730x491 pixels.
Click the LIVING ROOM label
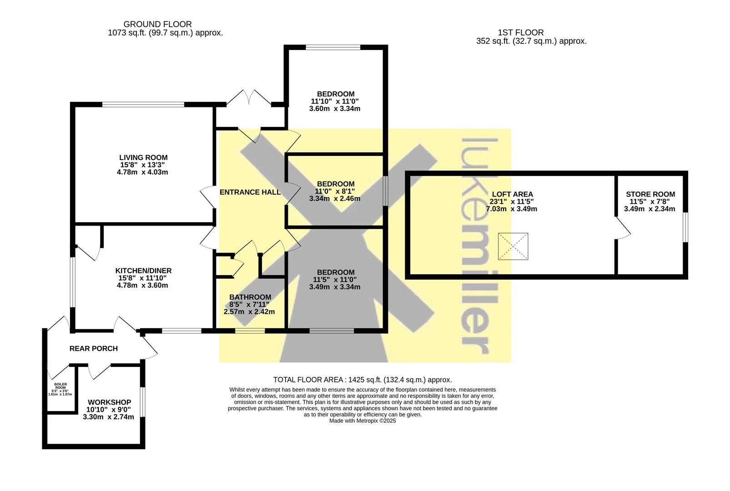click(x=143, y=158)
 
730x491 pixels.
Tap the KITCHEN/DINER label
click(x=143, y=271)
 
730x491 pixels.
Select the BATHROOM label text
click(x=250, y=297)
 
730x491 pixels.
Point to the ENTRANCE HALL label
click(x=250, y=192)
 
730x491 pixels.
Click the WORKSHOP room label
click(x=109, y=402)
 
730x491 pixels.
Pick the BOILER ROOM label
click(x=60, y=386)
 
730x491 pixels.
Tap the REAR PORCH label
click(x=93, y=349)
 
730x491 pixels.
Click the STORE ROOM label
click(x=650, y=194)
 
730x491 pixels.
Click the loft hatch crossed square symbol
click(x=513, y=246)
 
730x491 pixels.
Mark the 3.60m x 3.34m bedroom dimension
click(x=335, y=109)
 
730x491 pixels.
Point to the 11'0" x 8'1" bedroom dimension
click(x=335, y=191)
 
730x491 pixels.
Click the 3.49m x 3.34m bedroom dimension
click(x=335, y=287)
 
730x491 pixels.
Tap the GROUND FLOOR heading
click(x=157, y=24)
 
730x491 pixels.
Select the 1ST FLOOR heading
click(x=521, y=32)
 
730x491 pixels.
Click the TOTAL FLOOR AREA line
click(x=362, y=380)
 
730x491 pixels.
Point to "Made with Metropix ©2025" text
click(x=362, y=421)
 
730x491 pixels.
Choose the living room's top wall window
click(x=143, y=105)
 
